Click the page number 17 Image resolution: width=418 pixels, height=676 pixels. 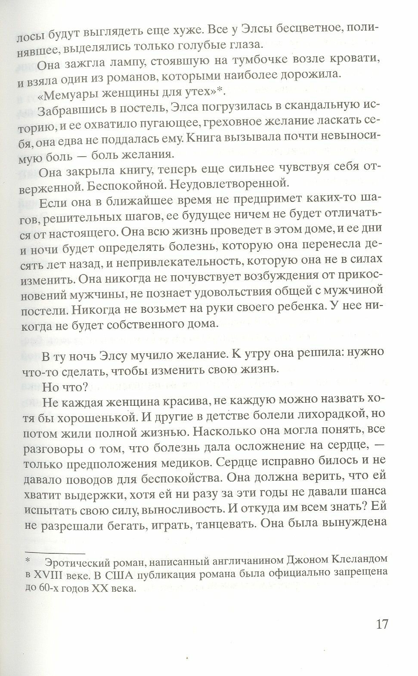pos(379,624)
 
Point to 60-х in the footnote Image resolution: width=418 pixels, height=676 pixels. pos(51,589)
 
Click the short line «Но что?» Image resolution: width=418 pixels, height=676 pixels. pos(62,387)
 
